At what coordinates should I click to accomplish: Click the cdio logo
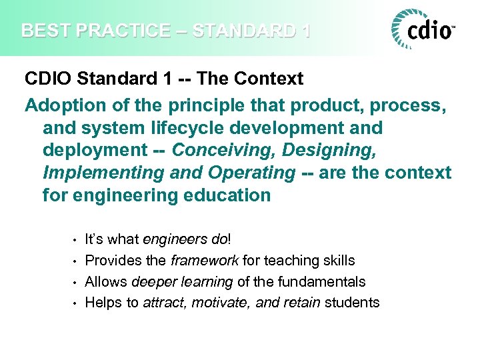[424, 30]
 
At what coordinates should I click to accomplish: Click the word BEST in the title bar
[41, 31]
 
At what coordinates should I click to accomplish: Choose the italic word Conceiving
[224, 149]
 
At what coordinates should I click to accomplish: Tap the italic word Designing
[329, 149]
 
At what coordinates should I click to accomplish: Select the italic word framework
[206, 260]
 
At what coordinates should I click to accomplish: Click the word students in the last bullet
[353, 303]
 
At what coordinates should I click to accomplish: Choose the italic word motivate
[217, 303]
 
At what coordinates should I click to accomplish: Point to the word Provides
[112, 260]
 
